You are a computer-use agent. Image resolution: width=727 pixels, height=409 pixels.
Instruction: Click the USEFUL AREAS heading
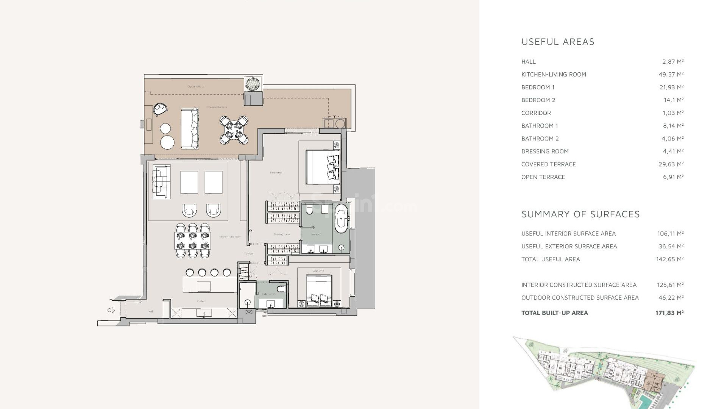557,42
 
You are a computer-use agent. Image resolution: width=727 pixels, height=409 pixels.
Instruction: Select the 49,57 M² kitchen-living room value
671,75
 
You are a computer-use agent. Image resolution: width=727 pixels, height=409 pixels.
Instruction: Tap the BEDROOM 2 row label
538,100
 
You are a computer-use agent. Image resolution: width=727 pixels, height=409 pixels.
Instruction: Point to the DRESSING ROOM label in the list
545,151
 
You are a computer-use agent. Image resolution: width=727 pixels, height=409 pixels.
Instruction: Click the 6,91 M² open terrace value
673,177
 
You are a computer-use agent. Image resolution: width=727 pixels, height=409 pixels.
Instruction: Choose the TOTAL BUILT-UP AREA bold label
554,313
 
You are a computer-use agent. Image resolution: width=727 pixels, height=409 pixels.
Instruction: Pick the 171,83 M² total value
669,313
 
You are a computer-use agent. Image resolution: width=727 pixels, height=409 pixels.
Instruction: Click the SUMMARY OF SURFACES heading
580,214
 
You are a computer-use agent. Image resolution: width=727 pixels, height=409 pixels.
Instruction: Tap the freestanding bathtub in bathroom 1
341,219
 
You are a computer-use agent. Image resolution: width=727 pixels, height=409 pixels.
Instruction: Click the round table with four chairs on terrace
234,130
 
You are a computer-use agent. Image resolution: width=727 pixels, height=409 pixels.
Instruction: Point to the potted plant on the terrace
252,84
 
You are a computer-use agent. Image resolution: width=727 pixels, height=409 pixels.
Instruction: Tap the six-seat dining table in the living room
192,241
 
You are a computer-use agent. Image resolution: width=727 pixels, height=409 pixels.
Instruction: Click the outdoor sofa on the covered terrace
190,128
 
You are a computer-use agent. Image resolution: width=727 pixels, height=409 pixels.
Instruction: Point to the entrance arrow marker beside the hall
111,311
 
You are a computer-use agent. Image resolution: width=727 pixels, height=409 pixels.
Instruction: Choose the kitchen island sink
204,286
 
